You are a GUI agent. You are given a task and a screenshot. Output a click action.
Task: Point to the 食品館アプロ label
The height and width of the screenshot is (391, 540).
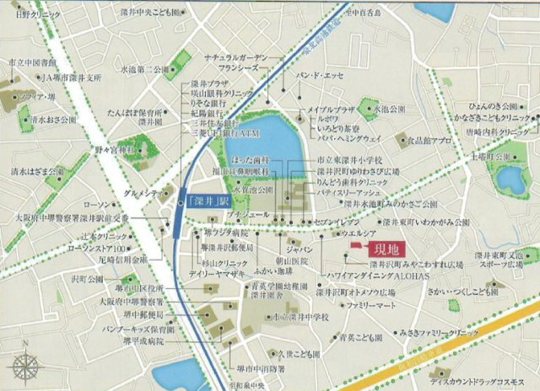407,141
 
